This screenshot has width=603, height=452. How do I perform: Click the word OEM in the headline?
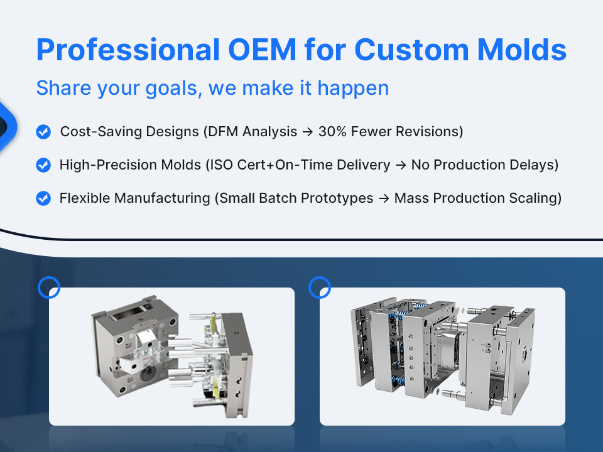262,50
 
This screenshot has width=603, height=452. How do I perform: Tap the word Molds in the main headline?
522,50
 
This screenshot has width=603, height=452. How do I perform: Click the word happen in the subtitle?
353,89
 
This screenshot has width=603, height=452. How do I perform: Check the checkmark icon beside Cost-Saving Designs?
43,131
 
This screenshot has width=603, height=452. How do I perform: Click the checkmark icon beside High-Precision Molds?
43,165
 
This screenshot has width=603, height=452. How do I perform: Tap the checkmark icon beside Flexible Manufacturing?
43,198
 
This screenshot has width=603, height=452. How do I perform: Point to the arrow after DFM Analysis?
308,132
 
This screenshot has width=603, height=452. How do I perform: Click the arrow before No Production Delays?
401,165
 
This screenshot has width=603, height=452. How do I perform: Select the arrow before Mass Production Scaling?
384,199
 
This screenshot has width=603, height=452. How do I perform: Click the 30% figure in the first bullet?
333,131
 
